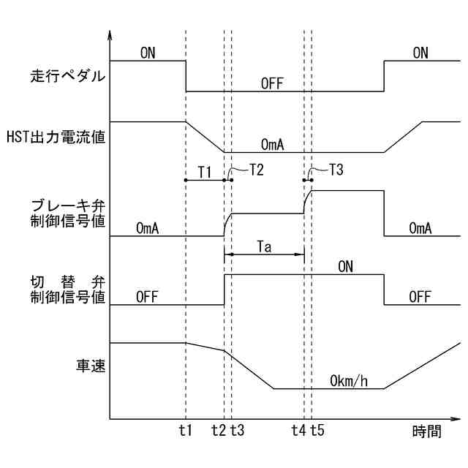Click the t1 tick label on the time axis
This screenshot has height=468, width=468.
point(185,431)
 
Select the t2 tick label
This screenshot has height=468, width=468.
point(218,431)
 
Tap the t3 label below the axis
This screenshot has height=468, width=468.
point(238,431)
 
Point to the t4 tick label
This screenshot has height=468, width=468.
point(298,431)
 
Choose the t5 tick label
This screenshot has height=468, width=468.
point(317,431)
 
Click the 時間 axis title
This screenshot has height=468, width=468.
point(426,431)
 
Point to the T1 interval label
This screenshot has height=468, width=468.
point(205,172)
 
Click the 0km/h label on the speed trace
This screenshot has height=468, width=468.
point(348,381)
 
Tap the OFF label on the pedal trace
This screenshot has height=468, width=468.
point(271,83)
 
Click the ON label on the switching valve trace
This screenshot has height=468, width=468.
point(346,267)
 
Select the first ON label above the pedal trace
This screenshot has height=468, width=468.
point(147,53)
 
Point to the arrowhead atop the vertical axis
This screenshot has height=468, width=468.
point(110,34)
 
